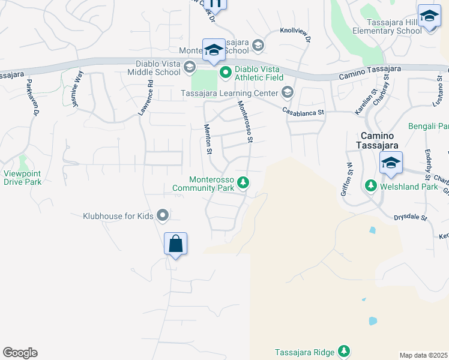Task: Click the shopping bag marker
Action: [175, 244]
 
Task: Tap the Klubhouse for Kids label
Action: [118, 215]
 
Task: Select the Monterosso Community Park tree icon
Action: [243, 182]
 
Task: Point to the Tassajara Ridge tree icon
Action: [343, 350]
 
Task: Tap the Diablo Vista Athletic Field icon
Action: [226, 73]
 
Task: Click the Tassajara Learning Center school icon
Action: [287, 92]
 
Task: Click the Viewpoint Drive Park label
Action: [22, 178]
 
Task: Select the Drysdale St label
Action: [410, 218]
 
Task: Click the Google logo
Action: [20, 353]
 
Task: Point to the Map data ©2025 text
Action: [424, 355]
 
